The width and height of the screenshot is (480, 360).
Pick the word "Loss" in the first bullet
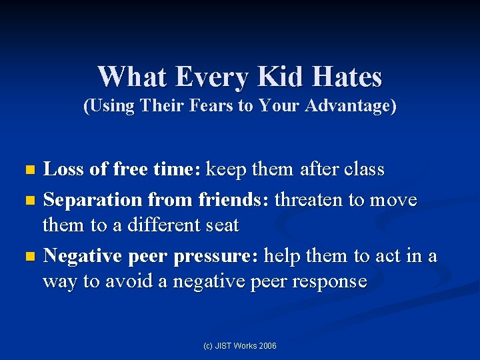pos(63,169)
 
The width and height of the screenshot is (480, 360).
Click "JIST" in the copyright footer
pos(222,346)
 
